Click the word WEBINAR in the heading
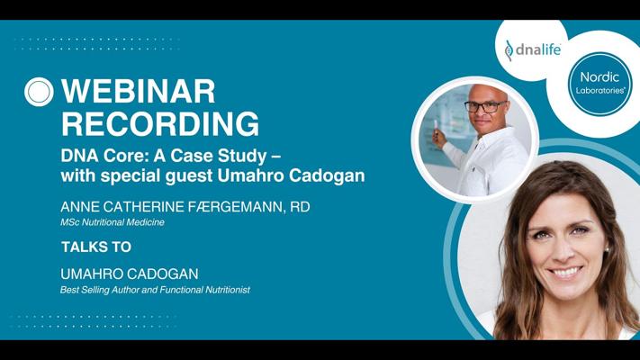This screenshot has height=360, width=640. click(138, 92)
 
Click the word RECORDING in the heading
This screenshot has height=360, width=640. click(159, 123)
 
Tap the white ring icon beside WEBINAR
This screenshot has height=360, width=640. click(40, 92)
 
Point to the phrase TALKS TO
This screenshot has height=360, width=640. click(96, 247)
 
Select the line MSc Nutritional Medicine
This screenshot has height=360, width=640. click(113, 222)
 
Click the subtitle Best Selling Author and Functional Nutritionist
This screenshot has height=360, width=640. click(155, 289)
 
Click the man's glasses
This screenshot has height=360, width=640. click(485, 106)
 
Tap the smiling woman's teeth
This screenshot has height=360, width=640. click(564, 271)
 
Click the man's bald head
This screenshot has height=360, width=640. click(486, 91)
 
